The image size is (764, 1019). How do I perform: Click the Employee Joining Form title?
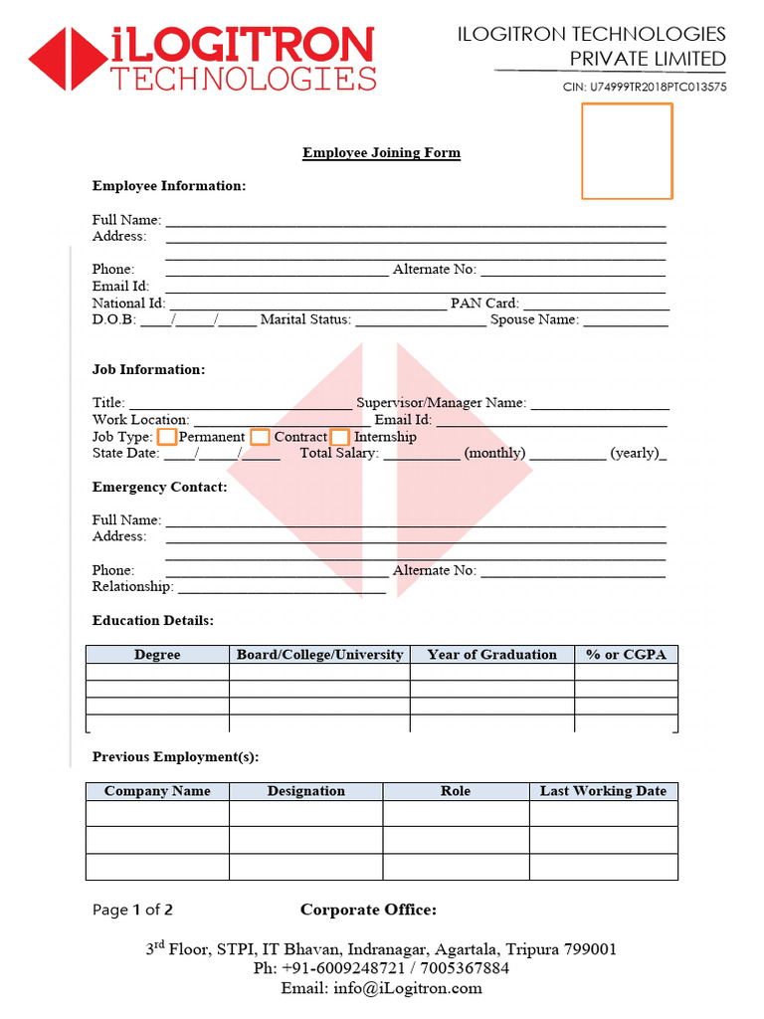click(381, 153)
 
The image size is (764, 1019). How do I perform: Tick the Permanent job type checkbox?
click(168, 437)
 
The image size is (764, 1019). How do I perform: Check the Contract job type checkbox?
click(260, 437)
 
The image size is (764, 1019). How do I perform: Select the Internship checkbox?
click(340, 437)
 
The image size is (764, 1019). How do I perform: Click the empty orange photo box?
click(627, 151)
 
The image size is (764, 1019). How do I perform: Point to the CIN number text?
click(645, 87)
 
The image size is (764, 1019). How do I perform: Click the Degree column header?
click(157, 655)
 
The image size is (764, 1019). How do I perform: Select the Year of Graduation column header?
click(491, 655)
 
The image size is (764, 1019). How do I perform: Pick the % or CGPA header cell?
click(626, 655)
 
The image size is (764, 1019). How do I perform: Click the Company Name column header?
click(157, 791)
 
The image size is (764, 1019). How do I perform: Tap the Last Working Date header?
click(603, 791)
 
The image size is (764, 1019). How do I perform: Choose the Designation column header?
click(305, 791)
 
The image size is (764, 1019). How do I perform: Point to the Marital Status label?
click(305, 320)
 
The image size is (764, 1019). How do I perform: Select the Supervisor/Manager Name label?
click(442, 403)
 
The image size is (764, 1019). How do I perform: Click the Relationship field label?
click(132, 587)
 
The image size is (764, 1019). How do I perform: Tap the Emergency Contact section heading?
click(159, 488)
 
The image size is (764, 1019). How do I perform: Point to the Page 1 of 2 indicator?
click(132, 910)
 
